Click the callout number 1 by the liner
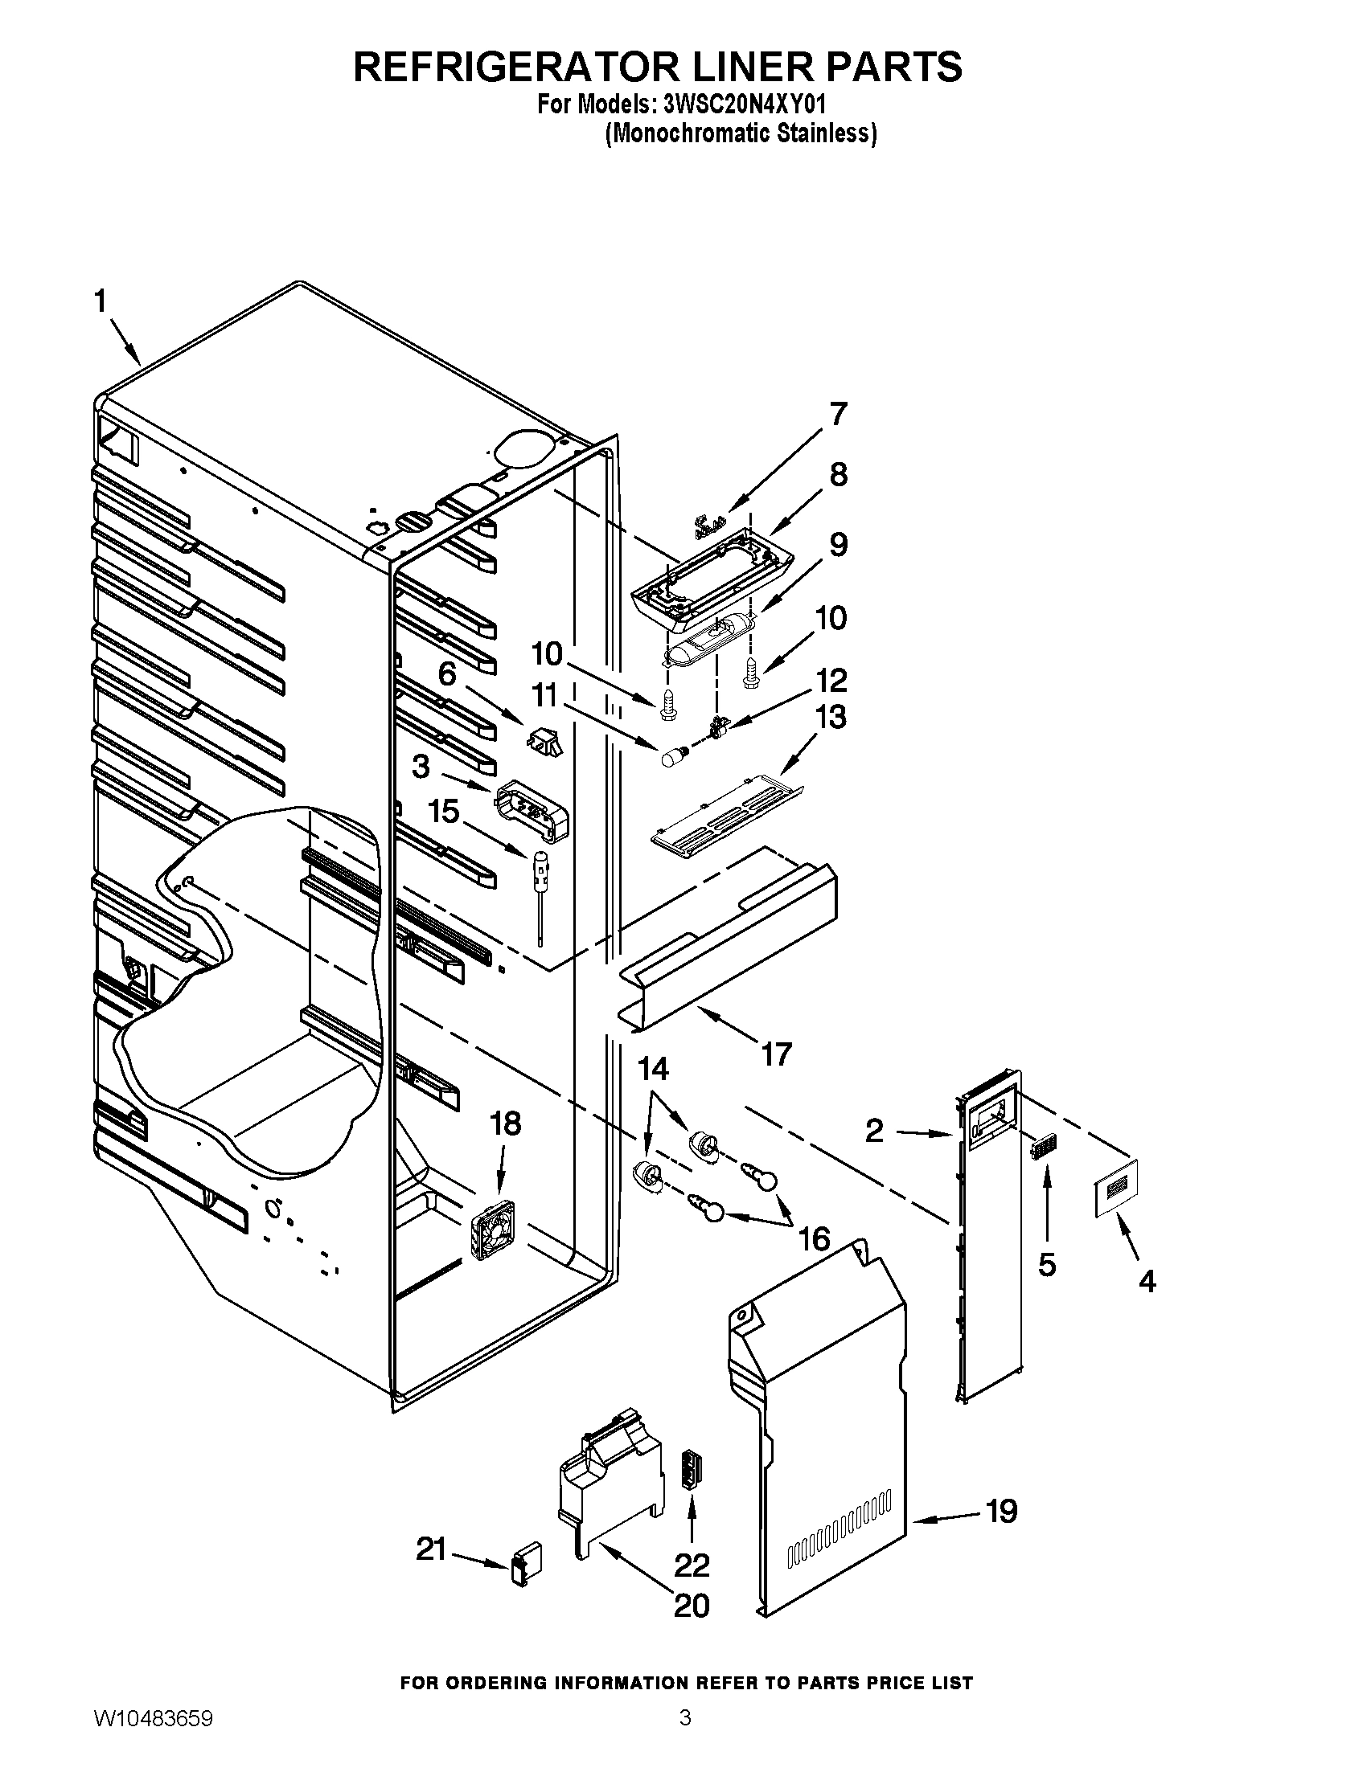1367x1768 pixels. (x=100, y=302)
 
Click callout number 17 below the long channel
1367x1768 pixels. (x=775, y=1054)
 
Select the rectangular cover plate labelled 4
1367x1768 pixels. (x=1116, y=1187)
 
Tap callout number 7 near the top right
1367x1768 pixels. (x=837, y=415)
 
